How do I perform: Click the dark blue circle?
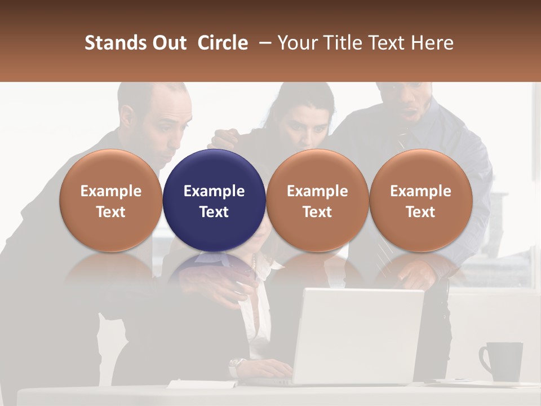[214, 201]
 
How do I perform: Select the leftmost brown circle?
[110, 201]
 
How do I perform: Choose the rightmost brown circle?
[420, 201]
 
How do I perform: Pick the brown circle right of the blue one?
[317, 201]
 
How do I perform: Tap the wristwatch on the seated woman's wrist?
[237, 364]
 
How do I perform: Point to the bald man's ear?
[129, 116]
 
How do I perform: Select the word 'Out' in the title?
[167, 43]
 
